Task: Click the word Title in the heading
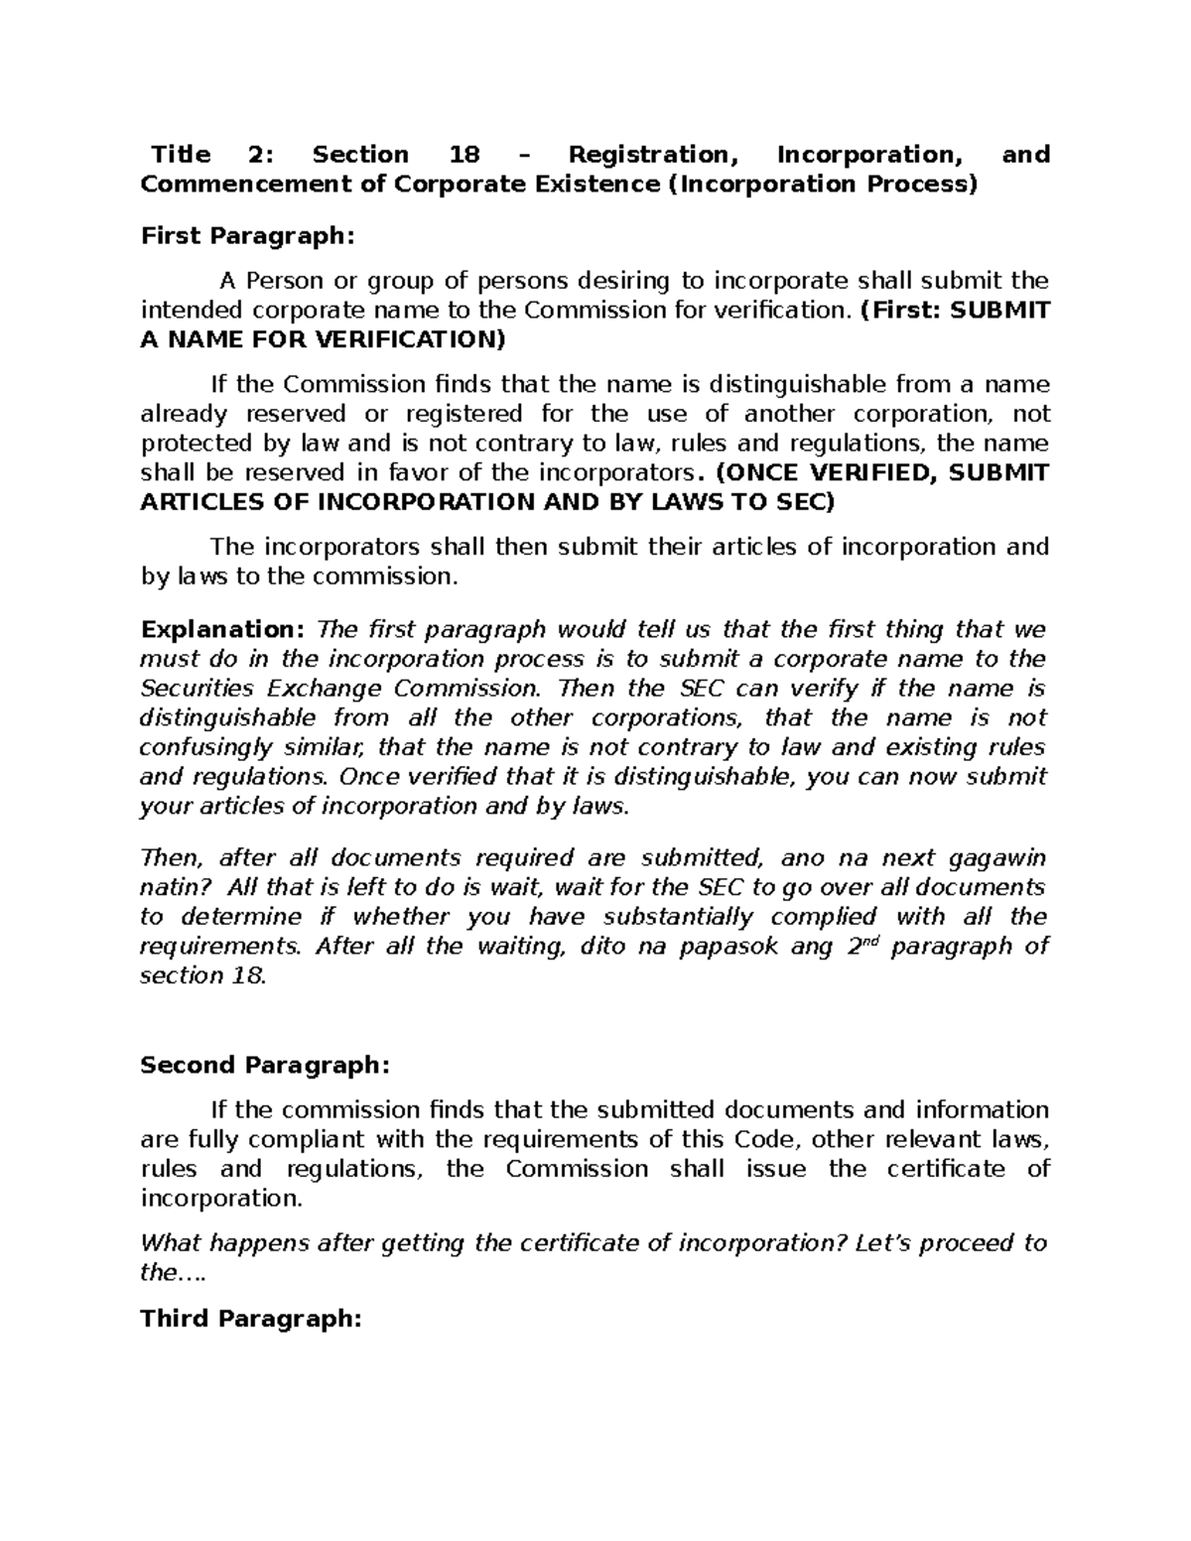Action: point(181,155)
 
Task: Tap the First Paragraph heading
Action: point(246,236)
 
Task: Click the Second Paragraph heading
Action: point(265,1065)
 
